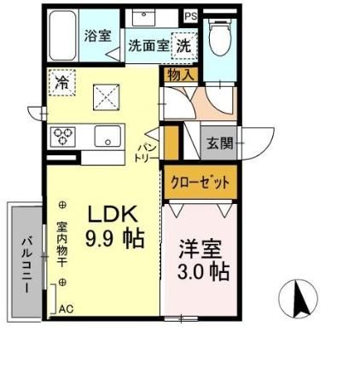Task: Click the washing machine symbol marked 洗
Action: [183, 45]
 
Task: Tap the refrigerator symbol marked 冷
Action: [61, 83]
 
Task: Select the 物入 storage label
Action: [181, 75]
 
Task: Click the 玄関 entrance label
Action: [219, 143]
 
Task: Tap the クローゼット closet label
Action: [198, 182]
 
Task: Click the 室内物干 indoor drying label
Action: [63, 245]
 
